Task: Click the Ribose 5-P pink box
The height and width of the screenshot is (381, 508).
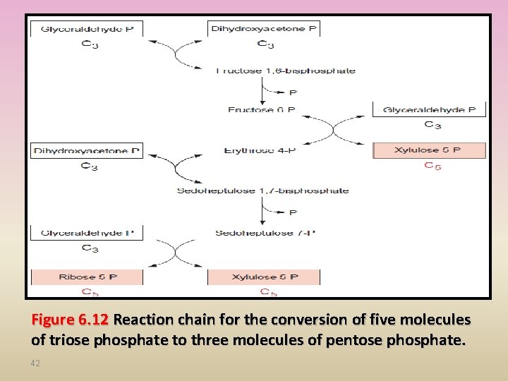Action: pyautogui.click(x=87, y=277)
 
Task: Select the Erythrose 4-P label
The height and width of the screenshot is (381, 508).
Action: pyautogui.click(x=260, y=150)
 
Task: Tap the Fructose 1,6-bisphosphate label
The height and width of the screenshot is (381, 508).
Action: pyautogui.click(x=285, y=71)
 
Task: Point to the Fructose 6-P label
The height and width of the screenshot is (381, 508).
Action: pyautogui.click(x=261, y=110)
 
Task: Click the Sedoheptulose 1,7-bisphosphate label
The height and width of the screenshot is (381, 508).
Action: pyautogui.click(x=262, y=190)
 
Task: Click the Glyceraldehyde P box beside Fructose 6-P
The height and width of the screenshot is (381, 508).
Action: pyautogui.click(x=429, y=110)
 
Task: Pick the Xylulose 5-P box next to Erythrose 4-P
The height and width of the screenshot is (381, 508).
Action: pyautogui.click(x=429, y=150)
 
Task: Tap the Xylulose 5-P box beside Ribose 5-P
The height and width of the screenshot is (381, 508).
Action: pyautogui.click(x=264, y=277)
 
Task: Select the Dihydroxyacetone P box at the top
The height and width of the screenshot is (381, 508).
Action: pyautogui.click(x=264, y=29)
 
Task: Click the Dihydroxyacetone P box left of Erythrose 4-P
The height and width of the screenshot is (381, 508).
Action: pyautogui.click(x=87, y=150)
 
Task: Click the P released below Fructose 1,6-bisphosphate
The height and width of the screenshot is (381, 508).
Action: pyautogui.click(x=293, y=92)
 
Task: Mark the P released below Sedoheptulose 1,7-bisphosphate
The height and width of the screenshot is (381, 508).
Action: pyautogui.click(x=293, y=212)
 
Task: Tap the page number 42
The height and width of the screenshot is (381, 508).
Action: pyautogui.click(x=36, y=363)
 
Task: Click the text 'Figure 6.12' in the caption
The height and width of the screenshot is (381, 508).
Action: pyautogui.click(x=69, y=320)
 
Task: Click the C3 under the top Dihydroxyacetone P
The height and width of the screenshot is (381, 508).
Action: pyautogui.click(x=265, y=44)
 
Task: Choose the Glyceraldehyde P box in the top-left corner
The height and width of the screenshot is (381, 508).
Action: pyautogui.click(x=87, y=29)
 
